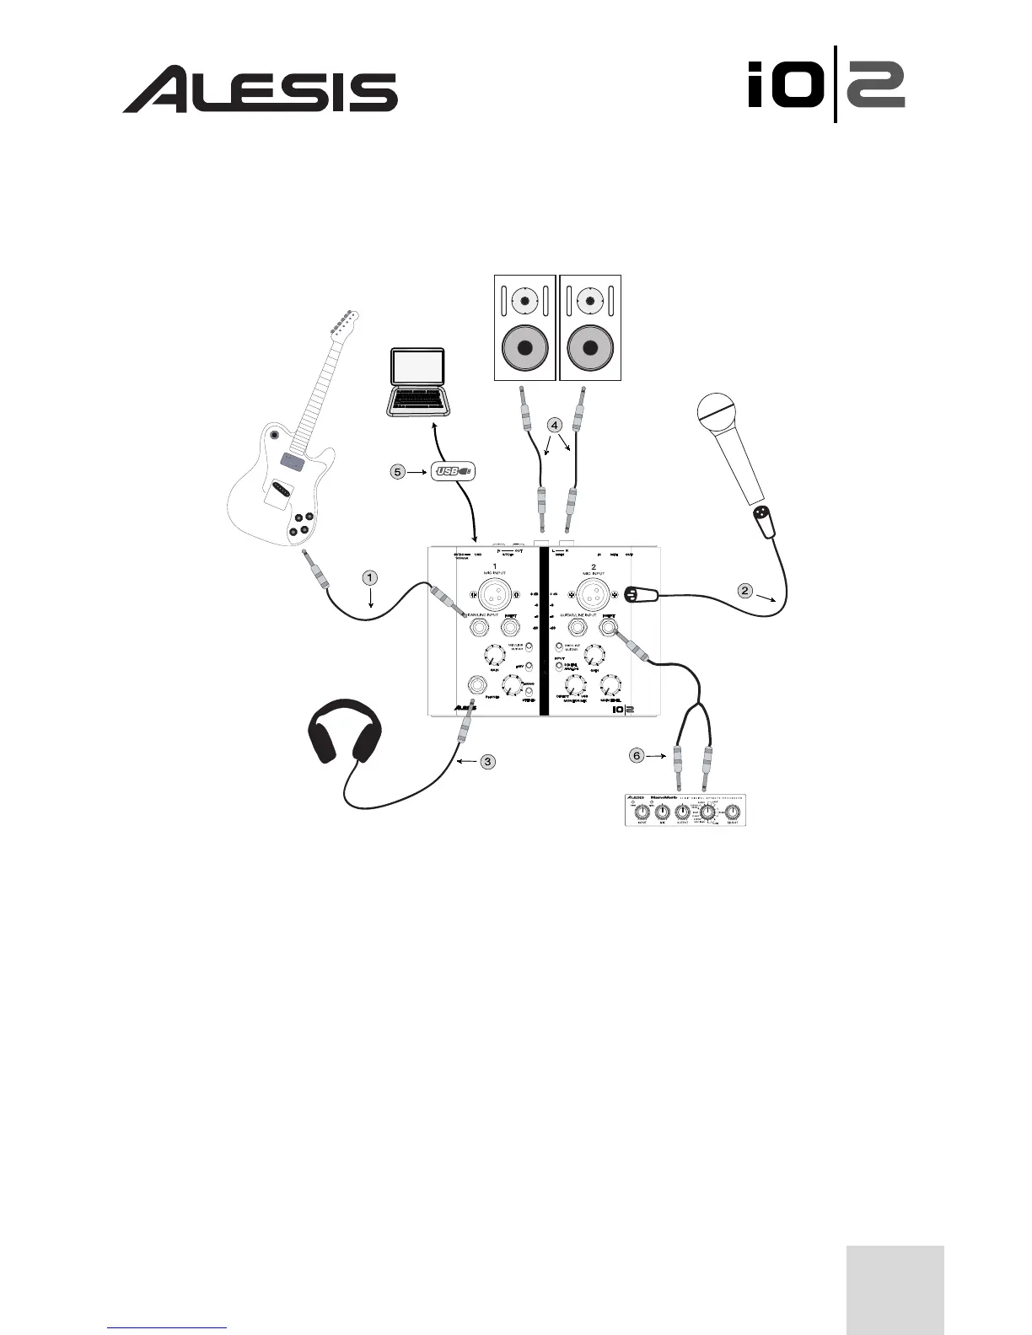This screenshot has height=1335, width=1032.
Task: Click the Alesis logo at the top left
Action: (x=261, y=90)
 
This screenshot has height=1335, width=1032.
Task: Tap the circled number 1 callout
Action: (x=370, y=577)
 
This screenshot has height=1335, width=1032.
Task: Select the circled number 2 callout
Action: (x=745, y=590)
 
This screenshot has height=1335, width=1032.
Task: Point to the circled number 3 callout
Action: (x=488, y=761)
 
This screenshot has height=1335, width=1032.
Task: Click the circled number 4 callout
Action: (x=554, y=424)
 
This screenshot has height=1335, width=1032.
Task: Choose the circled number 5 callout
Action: (x=397, y=471)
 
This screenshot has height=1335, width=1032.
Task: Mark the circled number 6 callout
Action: (x=637, y=755)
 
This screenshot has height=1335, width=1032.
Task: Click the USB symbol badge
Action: (x=454, y=471)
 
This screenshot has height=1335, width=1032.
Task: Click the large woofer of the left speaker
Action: (x=524, y=348)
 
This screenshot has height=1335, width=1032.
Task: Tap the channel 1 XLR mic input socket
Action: (x=495, y=596)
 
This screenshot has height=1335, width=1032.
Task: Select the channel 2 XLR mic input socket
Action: (x=594, y=596)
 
